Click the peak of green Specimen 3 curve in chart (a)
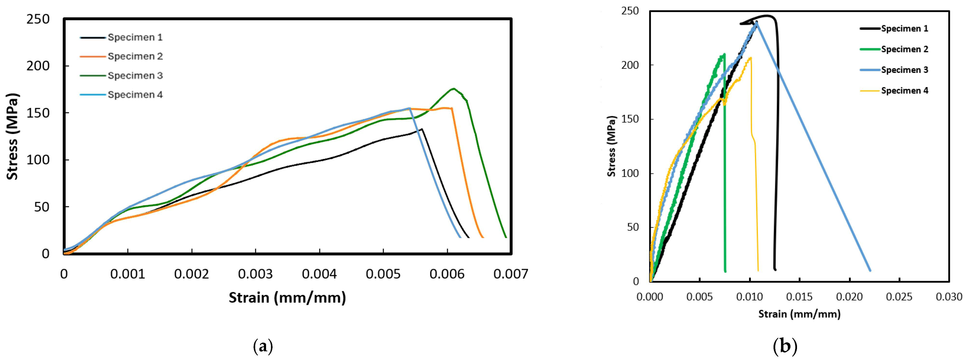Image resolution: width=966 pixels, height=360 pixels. point(454,89)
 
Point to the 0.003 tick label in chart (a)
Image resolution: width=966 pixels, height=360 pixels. point(255,274)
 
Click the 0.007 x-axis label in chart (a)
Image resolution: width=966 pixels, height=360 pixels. point(511,274)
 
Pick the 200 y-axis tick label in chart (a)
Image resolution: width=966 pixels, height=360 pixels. point(38,66)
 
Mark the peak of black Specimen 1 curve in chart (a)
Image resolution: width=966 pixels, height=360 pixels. point(422,129)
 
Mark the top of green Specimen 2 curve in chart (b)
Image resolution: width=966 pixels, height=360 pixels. point(724,54)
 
